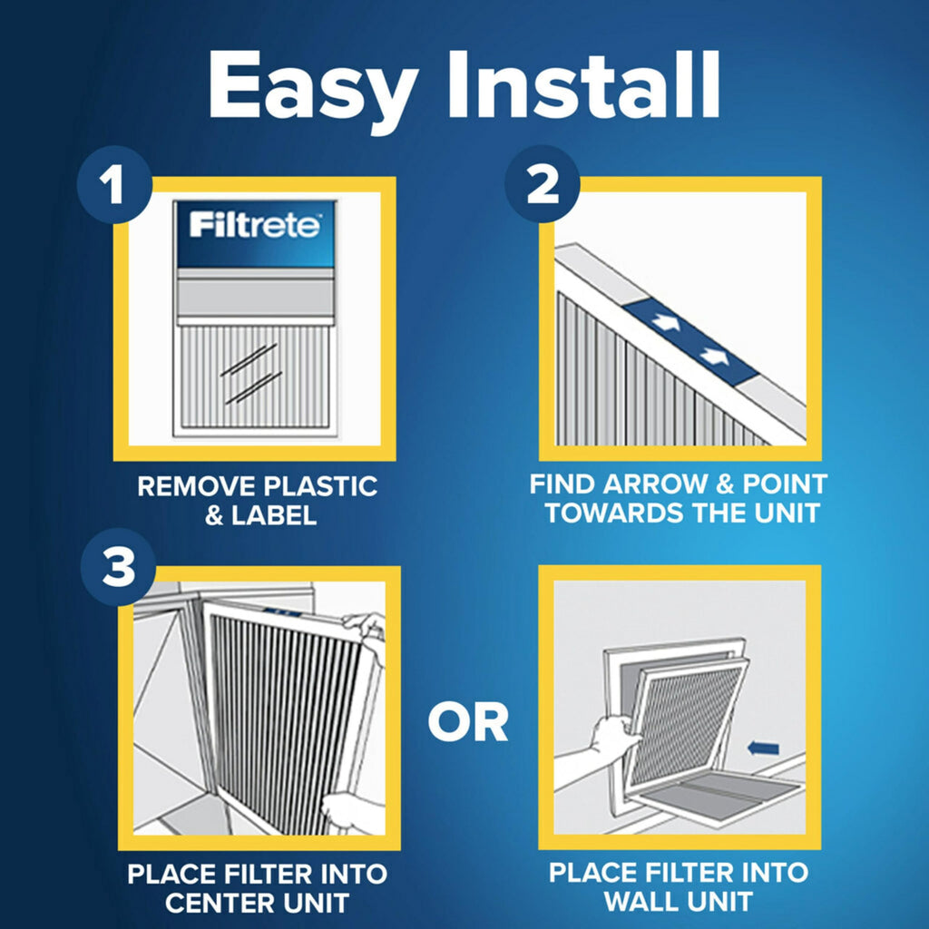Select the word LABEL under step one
(x=272, y=516)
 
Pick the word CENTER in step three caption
(x=209, y=903)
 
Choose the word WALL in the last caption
(x=641, y=901)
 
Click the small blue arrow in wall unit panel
(x=766, y=748)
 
